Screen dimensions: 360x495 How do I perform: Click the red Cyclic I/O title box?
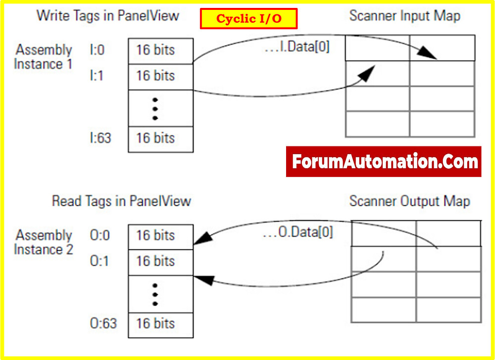pyautogui.click(x=248, y=19)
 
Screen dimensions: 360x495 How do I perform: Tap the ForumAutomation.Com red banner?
pyautogui.click(x=384, y=162)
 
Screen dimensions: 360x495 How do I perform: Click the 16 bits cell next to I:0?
pyautogui.click(x=160, y=50)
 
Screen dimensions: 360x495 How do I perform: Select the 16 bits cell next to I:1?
pyautogui.click(x=160, y=76)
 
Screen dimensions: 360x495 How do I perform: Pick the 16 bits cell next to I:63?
pyautogui.click(x=160, y=138)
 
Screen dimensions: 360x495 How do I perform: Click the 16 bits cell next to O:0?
pyautogui.click(x=160, y=236)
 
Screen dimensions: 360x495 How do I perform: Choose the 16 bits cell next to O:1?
pyautogui.click(x=160, y=262)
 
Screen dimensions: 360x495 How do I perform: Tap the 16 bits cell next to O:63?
pyautogui.click(x=160, y=324)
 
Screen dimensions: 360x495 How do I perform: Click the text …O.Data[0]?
pyautogui.click(x=297, y=232)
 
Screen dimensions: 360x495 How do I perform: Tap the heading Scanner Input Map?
pyautogui.click(x=404, y=16)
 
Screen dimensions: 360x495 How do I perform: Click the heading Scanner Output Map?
pyautogui.click(x=409, y=201)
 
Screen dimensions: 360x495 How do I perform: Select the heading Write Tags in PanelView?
pyautogui.click(x=107, y=15)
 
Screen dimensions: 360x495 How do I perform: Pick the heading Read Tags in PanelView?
pyautogui.click(x=121, y=201)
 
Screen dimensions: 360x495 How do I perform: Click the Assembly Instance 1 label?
pyautogui.click(x=43, y=57)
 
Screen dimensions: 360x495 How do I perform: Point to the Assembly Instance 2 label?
pyautogui.click(x=43, y=242)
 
